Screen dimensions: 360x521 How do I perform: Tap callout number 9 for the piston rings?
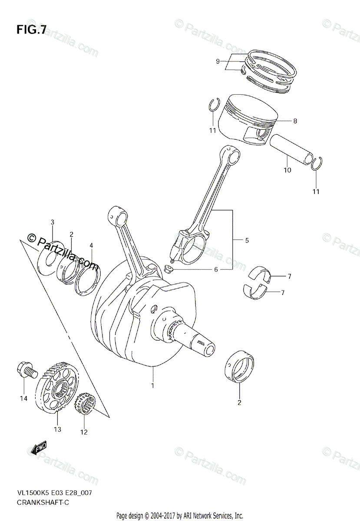tap(218, 61)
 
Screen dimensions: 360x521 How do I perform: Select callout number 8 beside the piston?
tap(295, 121)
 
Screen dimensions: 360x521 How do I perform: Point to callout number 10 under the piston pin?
tap(287, 170)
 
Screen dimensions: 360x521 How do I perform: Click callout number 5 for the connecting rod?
tap(246, 240)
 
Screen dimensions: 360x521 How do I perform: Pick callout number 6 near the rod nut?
tap(215, 270)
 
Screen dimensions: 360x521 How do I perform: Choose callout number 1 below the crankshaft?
tap(152, 385)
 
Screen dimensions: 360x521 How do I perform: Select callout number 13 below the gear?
tap(57, 429)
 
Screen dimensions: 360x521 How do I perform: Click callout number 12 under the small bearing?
tap(83, 432)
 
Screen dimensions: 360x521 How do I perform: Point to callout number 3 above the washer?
tap(52, 222)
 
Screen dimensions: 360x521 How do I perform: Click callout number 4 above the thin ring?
tap(91, 245)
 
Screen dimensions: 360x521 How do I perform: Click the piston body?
tap(245, 119)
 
